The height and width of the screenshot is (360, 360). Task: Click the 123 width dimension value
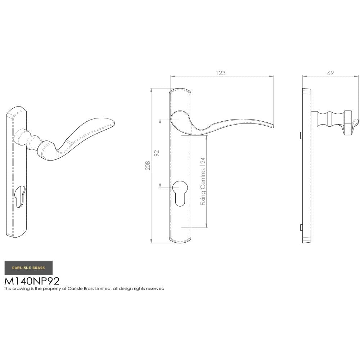pyautogui.click(x=221, y=73)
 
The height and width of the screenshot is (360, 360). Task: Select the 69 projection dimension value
pyautogui.click(x=330, y=73)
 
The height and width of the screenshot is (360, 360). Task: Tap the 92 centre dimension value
pyautogui.click(x=157, y=153)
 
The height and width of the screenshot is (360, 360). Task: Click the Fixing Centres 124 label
pyautogui.click(x=203, y=181)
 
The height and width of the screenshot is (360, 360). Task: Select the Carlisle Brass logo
pyautogui.click(x=28, y=268)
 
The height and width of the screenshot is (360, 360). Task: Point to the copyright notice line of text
pyautogui.click(x=84, y=289)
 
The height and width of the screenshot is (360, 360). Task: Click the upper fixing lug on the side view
pyautogui.click(x=301, y=135)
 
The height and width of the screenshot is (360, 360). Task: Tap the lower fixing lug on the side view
pyautogui.click(x=301, y=228)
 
